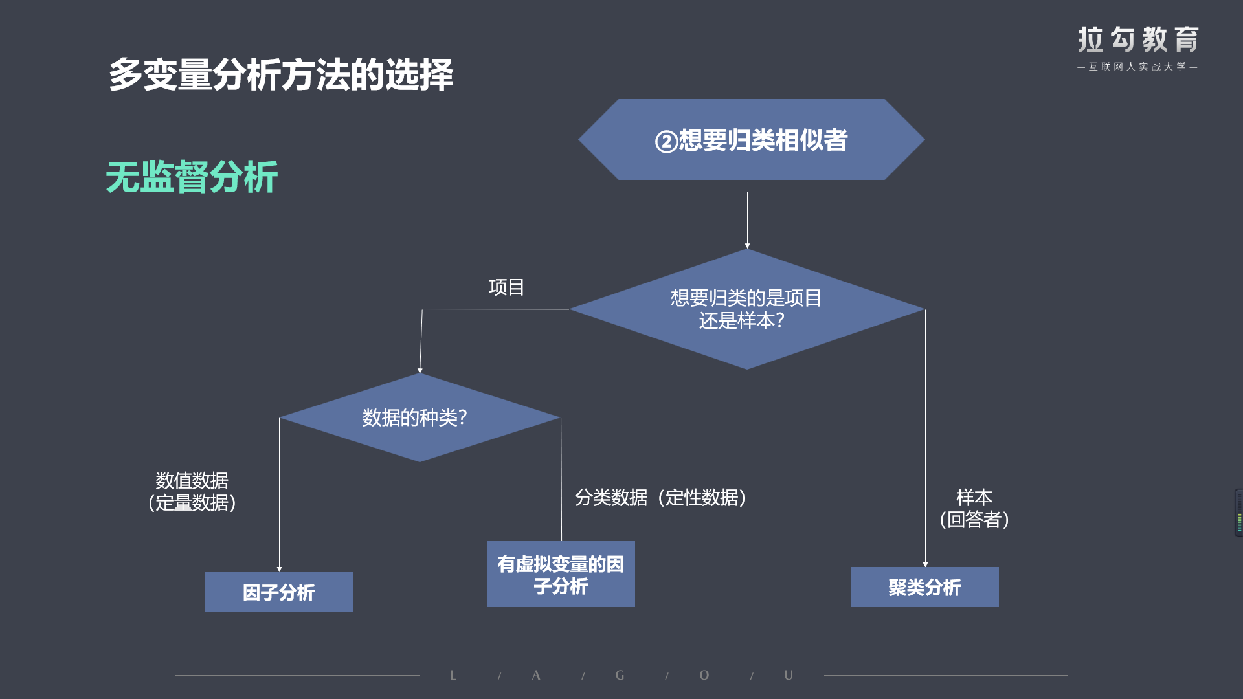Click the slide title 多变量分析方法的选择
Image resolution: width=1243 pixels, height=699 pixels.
[x=281, y=74]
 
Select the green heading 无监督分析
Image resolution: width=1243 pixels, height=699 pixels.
[x=192, y=177]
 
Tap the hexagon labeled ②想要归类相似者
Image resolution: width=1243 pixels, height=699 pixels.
[x=751, y=139]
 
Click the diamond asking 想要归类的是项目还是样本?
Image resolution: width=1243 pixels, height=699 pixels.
[x=746, y=309]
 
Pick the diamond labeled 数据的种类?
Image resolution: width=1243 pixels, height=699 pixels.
[x=420, y=417]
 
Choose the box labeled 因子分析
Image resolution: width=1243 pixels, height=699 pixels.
[x=279, y=592]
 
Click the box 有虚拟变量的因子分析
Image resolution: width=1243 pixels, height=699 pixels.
[x=561, y=574]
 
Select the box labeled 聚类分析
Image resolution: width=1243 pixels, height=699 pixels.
[x=925, y=587]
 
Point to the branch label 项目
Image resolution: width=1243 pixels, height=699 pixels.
[x=506, y=287]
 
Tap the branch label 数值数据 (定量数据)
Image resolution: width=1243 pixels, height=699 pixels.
[x=192, y=492]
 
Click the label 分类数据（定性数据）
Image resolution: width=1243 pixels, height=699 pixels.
[x=661, y=497]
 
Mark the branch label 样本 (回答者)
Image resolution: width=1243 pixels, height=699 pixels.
[x=974, y=508]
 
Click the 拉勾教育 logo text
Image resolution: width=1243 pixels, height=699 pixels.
[x=1138, y=39]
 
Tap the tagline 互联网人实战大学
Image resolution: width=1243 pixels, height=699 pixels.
[x=1137, y=67]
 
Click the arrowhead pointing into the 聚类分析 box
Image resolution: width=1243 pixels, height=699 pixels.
[x=925, y=564]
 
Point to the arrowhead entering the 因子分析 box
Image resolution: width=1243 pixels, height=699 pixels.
[x=279, y=570]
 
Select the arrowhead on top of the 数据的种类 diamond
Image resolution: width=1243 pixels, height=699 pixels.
[x=420, y=371]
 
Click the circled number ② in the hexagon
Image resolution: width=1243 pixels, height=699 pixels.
[x=666, y=141]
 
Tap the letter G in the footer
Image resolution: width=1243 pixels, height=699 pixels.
[x=620, y=675]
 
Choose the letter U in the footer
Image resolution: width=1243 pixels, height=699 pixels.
[x=788, y=675]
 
